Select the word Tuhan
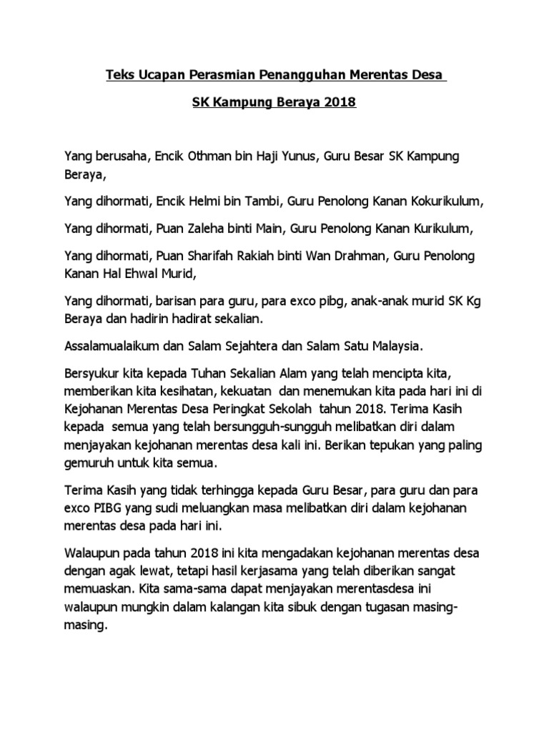[208, 375]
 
